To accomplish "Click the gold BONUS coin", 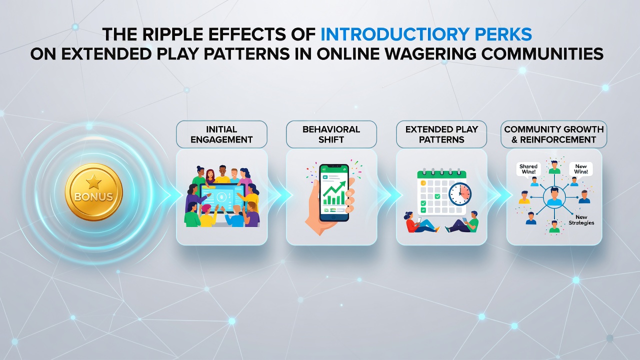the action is click(x=93, y=192).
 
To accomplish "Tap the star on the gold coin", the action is click(x=93, y=182).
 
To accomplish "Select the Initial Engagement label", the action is click(x=221, y=134).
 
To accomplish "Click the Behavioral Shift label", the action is click(x=331, y=134).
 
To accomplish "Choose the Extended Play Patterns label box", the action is click(x=441, y=134).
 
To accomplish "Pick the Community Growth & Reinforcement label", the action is click(x=553, y=134).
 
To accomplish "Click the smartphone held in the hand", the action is click(x=334, y=192).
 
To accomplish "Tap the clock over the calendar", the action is click(x=460, y=194).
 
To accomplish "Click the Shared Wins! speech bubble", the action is click(x=528, y=169).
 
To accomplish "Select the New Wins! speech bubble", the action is click(x=581, y=169).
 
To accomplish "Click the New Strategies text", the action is click(x=581, y=219).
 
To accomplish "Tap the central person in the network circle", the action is click(x=554, y=196).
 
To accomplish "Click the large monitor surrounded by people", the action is click(x=222, y=197).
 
